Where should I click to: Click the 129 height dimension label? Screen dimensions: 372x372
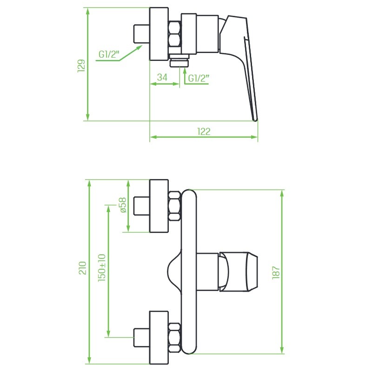81,66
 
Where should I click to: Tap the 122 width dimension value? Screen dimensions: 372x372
204,132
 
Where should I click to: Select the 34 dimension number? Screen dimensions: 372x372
162,77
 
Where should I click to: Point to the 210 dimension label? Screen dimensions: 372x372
82,268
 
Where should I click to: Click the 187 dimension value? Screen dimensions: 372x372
276,272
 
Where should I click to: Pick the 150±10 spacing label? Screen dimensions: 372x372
102,268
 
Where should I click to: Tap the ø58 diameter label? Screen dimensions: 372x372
123,205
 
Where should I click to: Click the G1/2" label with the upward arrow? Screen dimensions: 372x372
199,78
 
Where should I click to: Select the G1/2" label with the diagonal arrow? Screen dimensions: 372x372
109,54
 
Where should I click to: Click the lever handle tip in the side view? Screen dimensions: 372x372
254,119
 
